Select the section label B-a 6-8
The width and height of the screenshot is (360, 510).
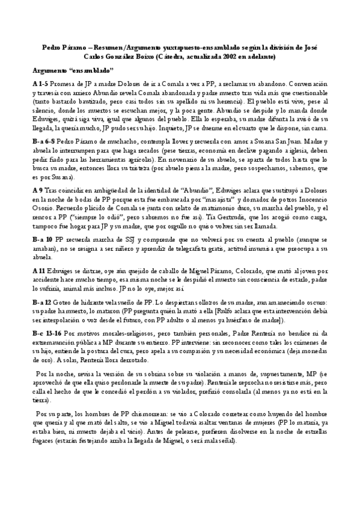point(46,138)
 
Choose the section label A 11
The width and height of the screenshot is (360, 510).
point(39,271)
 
